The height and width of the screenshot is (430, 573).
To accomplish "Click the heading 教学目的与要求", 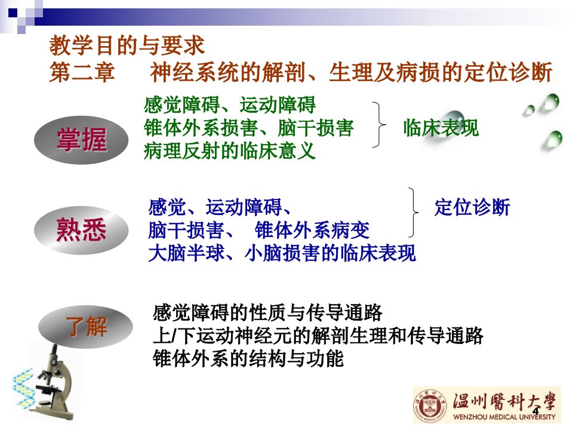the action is coord(127,46).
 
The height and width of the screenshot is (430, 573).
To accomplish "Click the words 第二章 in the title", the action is coord(82,72).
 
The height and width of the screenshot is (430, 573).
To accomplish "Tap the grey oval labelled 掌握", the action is coord(81,140).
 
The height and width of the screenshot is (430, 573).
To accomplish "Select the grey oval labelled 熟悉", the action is coord(81,231).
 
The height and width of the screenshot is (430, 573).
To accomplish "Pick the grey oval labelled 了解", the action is coord(85,327).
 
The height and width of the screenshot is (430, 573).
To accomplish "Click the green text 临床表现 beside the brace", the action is coord(440,128).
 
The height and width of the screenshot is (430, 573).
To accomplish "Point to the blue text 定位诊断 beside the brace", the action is coord(472,207).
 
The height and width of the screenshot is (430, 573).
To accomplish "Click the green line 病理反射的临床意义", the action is coord(229,150).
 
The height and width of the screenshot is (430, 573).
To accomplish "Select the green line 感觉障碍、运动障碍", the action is coord(229,105).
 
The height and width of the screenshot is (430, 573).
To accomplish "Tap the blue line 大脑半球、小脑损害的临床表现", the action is coord(282,253).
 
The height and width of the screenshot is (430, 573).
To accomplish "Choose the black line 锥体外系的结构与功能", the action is coord(248,358).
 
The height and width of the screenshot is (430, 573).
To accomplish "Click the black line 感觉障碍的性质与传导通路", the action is coord(267,312).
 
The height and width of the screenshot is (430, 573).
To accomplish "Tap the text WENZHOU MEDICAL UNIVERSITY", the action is coord(504,416).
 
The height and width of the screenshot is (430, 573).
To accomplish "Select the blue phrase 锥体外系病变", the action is coord(312,230).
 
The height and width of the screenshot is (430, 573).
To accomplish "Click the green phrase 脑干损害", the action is coord(315,128).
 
